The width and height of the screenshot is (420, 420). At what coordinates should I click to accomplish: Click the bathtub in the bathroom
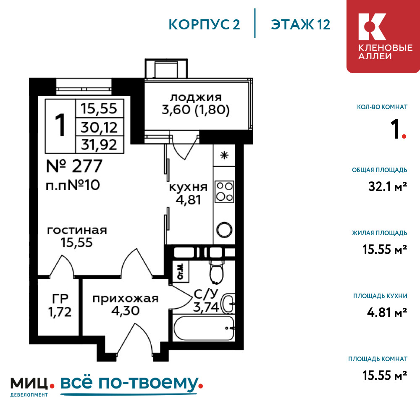[204, 328]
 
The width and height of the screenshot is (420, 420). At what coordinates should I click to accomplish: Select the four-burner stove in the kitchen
[224, 192]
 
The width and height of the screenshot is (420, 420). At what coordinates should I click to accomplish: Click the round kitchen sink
[224, 230]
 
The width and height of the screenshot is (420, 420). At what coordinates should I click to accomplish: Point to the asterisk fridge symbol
[224, 155]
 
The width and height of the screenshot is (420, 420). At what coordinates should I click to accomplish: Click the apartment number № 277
[74, 166]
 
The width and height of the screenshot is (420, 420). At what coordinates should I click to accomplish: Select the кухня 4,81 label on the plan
[188, 194]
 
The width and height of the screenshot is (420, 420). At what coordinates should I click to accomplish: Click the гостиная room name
[77, 230]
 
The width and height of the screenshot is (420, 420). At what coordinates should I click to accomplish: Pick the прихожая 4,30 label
[125, 304]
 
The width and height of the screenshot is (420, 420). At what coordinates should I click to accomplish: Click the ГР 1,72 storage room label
[60, 305]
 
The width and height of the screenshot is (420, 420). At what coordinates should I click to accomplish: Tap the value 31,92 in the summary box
[99, 145]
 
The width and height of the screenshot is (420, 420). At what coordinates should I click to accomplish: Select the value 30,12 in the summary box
[99, 127]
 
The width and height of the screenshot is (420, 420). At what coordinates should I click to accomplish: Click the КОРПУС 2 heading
[204, 25]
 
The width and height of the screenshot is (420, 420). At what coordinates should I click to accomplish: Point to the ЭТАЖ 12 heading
[301, 25]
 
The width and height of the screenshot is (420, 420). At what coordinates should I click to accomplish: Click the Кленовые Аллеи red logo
[383, 36]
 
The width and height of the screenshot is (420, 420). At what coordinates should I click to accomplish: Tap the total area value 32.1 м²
[388, 186]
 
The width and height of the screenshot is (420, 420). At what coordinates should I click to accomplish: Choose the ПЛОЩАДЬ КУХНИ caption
[380, 296]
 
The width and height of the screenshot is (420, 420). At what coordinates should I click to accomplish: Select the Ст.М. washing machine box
[181, 271]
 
